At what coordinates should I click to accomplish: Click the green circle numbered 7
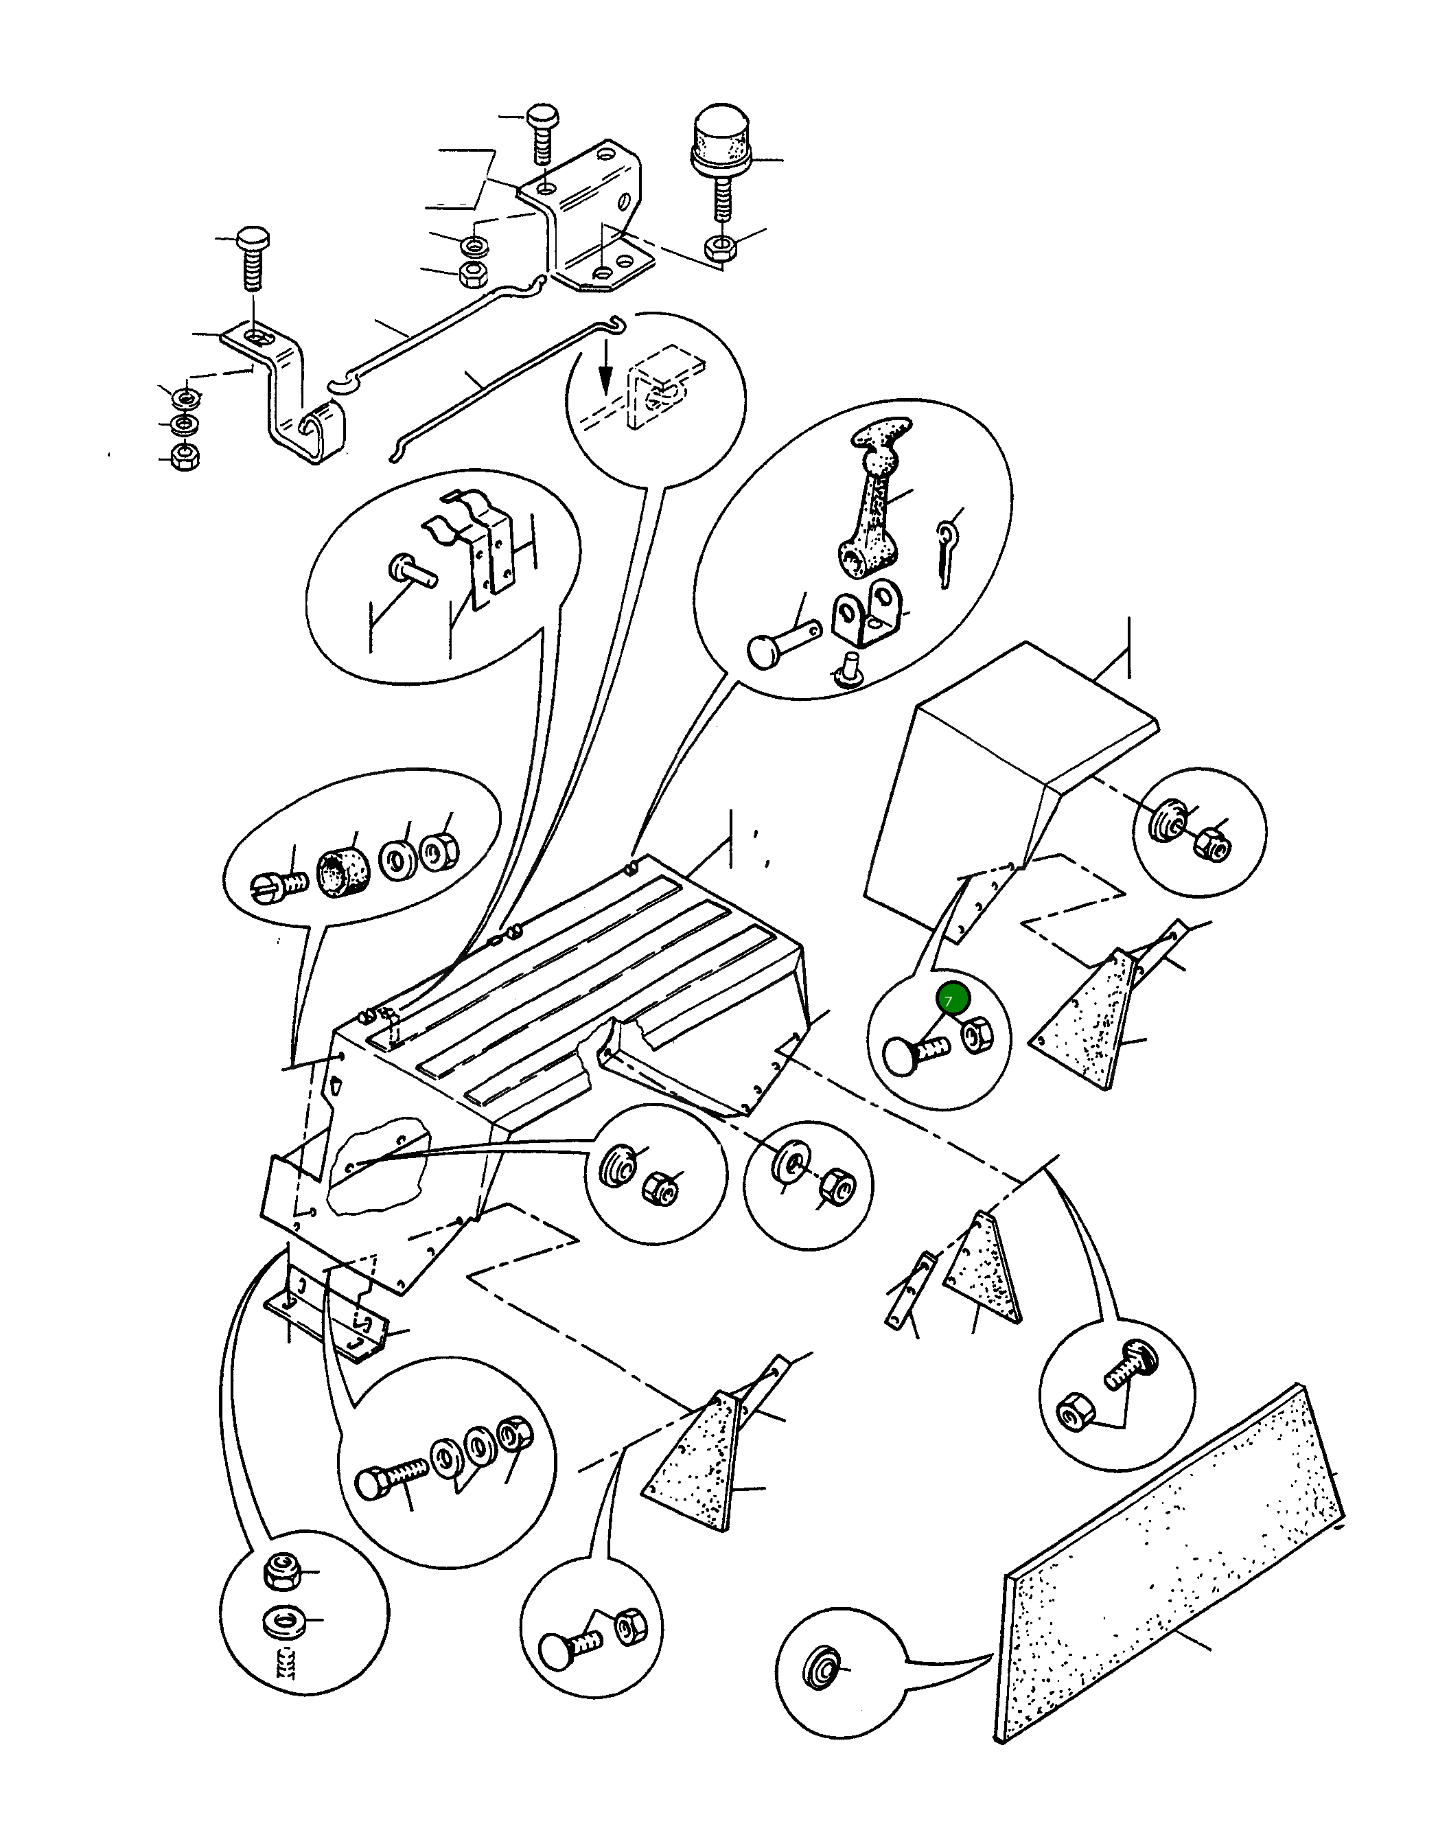click(x=949, y=1000)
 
